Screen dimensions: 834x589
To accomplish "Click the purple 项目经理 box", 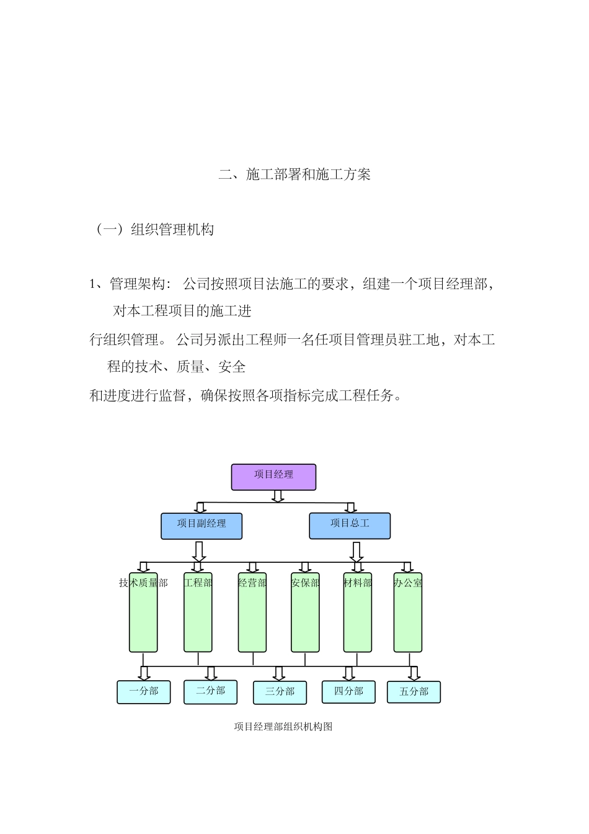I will point(273,477).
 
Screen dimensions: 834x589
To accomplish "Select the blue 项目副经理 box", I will point(201,526).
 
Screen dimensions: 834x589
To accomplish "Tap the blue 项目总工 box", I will point(350,526).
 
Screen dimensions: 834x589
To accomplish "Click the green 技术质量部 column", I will point(143,614).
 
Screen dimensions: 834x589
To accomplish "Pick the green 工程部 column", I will point(198,614).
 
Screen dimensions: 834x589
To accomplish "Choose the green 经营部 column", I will point(252,614).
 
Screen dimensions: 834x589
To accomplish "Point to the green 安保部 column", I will point(305,614).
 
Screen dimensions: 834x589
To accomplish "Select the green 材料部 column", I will point(358,614).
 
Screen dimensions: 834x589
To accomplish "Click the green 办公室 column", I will point(407,614).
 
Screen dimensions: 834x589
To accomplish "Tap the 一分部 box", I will point(144,692).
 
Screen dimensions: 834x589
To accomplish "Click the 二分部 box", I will point(210,692).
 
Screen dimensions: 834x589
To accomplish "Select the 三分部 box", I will point(280,693).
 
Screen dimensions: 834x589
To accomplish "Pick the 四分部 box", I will point(348,692).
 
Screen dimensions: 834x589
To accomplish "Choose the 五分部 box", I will point(414,693).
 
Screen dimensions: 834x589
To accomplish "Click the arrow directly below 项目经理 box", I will point(278,496).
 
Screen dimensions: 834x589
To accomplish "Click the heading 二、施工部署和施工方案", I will point(294,175).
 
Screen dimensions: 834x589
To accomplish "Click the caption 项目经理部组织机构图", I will point(283,727).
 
